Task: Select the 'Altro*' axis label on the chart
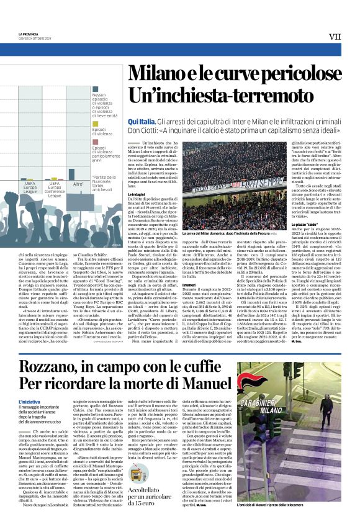78,184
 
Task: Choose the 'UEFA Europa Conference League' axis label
55,189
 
